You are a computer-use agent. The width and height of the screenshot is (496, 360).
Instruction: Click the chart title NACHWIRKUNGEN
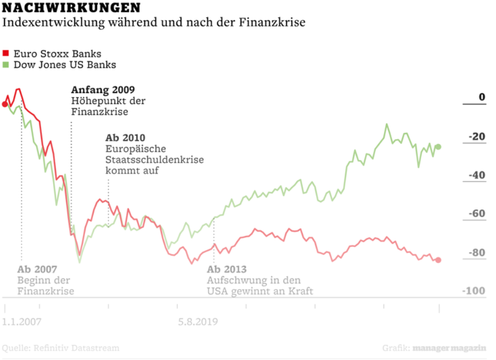click(72, 8)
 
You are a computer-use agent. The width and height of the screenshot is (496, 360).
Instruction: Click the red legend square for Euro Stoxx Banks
click(6, 53)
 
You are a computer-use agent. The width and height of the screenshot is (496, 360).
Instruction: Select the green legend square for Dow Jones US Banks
click(6, 64)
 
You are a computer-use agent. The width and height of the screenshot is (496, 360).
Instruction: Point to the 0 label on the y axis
click(481, 97)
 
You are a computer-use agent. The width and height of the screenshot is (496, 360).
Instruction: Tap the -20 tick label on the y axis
click(477, 136)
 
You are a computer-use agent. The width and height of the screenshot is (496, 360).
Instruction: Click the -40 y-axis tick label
click(477, 175)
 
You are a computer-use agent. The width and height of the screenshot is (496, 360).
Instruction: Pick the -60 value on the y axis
click(477, 214)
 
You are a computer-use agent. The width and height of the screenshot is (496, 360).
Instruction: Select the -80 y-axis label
click(477, 253)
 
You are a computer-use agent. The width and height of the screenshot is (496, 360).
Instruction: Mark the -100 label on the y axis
click(474, 291)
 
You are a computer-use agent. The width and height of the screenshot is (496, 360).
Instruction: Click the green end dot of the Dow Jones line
click(438, 147)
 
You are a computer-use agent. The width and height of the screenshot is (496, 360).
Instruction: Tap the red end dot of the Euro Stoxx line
click(438, 260)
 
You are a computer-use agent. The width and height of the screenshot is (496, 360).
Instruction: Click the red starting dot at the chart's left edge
click(5, 104)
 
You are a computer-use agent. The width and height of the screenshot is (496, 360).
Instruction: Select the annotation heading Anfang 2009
click(103, 90)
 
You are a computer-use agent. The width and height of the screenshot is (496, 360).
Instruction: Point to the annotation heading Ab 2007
click(37, 270)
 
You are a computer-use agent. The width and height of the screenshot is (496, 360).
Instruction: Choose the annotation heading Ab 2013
click(226, 270)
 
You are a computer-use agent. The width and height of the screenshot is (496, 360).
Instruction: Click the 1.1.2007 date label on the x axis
click(22, 322)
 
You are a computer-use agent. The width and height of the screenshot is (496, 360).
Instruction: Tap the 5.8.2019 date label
click(198, 322)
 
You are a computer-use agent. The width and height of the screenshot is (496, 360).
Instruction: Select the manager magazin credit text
click(449, 348)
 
